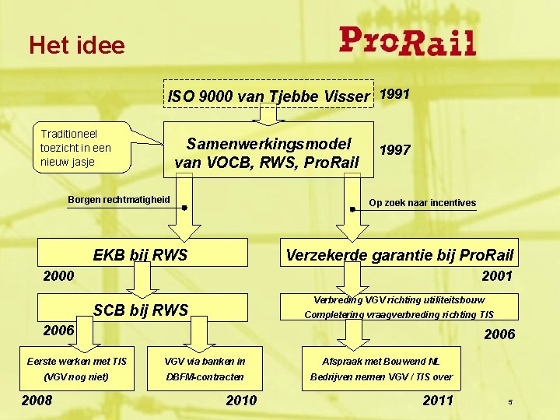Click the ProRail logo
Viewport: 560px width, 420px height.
(407, 41)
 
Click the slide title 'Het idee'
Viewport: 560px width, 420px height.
(77, 45)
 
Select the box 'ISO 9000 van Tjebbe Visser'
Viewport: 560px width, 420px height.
(268, 96)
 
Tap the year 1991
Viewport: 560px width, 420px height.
(394, 94)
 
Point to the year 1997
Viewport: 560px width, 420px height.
(394, 149)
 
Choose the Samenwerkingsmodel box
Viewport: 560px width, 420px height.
(268, 152)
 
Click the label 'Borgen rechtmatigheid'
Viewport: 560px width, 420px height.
(118, 199)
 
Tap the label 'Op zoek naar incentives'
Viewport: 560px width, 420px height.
(422, 203)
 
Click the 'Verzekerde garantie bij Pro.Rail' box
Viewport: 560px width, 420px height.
(400, 254)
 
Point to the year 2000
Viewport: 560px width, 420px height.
(58, 276)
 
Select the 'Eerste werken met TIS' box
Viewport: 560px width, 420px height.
(77, 369)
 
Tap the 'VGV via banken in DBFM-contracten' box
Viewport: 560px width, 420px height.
(205, 369)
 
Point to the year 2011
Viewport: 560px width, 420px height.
(438, 401)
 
